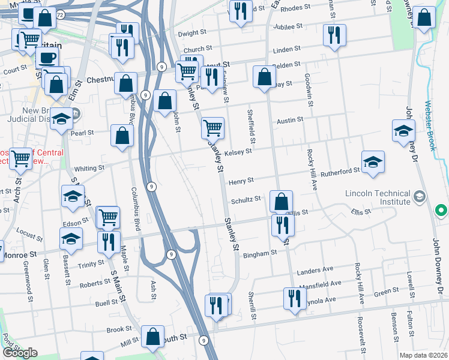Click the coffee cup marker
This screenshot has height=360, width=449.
(47, 58)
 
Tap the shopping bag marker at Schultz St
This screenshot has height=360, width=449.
(281, 202)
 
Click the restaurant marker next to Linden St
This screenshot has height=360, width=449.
(333, 35)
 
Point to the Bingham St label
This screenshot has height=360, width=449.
(259, 254)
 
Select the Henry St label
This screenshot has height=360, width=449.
(241, 180)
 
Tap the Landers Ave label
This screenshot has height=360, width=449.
(319, 270)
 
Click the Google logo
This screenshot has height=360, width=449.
(20, 353)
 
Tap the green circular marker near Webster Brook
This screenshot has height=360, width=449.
(441, 211)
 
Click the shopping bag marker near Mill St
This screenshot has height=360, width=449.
(152, 337)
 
